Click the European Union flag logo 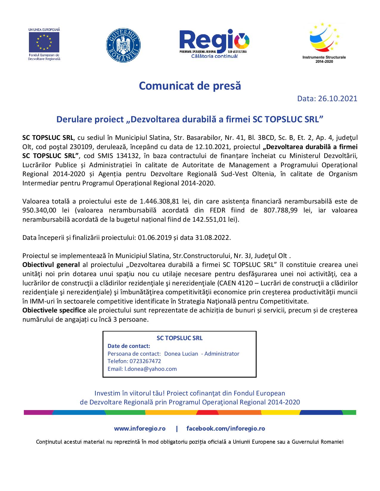[x=44, y=42]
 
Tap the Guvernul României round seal [x=123, y=45]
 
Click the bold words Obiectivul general [x=51, y=265]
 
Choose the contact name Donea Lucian [x=181, y=354]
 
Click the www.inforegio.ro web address [x=140, y=429]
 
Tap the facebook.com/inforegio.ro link [x=226, y=429]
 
